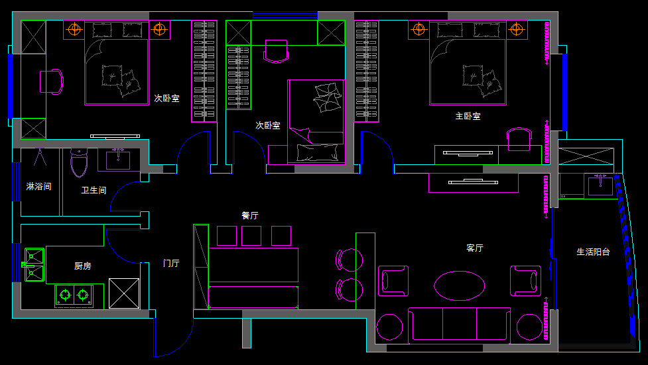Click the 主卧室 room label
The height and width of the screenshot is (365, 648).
point(468,116)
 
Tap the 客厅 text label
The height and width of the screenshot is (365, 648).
point(475,248)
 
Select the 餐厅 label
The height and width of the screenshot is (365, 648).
point(250,215)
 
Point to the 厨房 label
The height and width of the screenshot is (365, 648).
point(83,266)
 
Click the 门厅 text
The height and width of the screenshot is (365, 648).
point(171,263)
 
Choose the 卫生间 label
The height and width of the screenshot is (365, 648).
point(94,190)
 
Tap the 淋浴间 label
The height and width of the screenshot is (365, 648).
point(38,187)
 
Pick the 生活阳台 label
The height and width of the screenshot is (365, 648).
point(592,252)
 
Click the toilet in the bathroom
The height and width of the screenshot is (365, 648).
point(79,163)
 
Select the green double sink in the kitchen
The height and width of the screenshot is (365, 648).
point(34,265)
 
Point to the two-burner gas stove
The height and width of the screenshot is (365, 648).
point(74,293)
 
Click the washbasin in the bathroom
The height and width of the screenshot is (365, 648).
point(119,160)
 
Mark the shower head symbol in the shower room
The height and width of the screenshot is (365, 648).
point(39,158)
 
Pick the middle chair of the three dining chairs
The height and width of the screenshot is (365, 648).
point(251,235)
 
